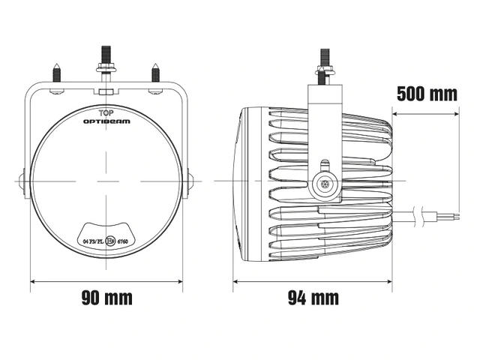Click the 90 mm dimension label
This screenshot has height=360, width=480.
106,298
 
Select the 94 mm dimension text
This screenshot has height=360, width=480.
313,298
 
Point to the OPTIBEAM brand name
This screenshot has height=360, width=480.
106,120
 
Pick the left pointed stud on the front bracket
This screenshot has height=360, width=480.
57,73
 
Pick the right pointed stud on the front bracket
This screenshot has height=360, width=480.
155,73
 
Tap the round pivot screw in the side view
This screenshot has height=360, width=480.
325,181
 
